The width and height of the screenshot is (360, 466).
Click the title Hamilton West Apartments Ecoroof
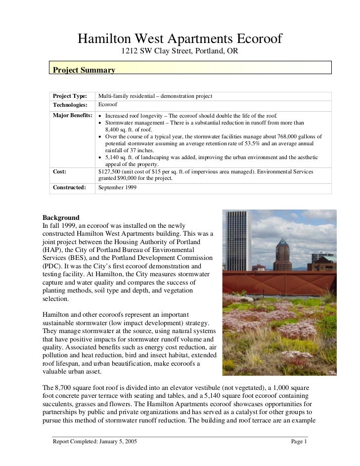pyautogui.click(x=180, y=39)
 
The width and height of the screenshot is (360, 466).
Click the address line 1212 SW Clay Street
pyautogui.click(x=180, y=51)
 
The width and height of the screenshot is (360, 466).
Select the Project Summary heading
pyautogui.click(x=84, y=70)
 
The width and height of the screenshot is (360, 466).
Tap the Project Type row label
pyautogui.click(x=70, y=96)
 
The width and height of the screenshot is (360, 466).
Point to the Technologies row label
pyautogui.click(x=70, y=105)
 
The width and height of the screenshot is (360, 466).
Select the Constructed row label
pyautogui.click(x=69, y=188)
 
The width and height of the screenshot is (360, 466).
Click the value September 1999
pyautogui.click(x=117, y=188)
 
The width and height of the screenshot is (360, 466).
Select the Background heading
pyautogui.click(x=61, y=217)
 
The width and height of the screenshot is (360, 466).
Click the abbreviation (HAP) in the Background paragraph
pyautogui.click(x=52, y=250)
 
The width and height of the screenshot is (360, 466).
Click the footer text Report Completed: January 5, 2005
pyautogui.click(x=94, y=442)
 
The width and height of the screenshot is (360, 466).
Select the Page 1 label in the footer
pyautogui.click(x=299, y=442)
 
